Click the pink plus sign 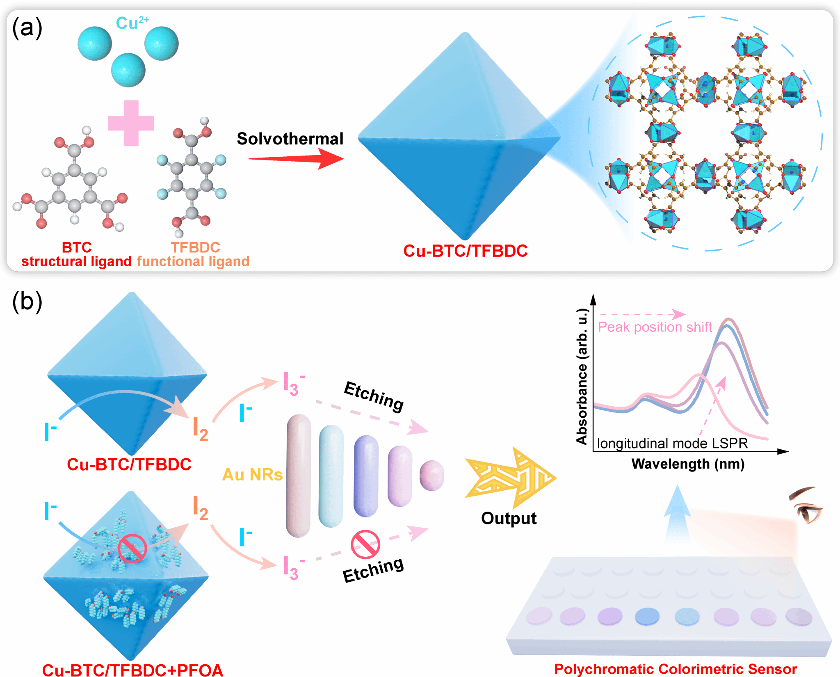click(131, 123)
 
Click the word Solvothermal click(290, 139)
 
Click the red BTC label click(77, 247)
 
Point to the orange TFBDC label click(195, 247)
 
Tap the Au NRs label click(252, 475)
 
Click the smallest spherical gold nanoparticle click(431, 475)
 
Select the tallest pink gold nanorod click(299, 476)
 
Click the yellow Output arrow click(511, 478)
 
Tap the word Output click(509, 518)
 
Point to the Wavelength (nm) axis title click(688, 464)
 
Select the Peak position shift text click(655, 327)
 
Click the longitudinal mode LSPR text click(672, 443)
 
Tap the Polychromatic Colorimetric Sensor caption click(675, 669)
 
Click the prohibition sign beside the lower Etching click(365, 544)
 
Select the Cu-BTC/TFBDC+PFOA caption click(132, 670)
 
